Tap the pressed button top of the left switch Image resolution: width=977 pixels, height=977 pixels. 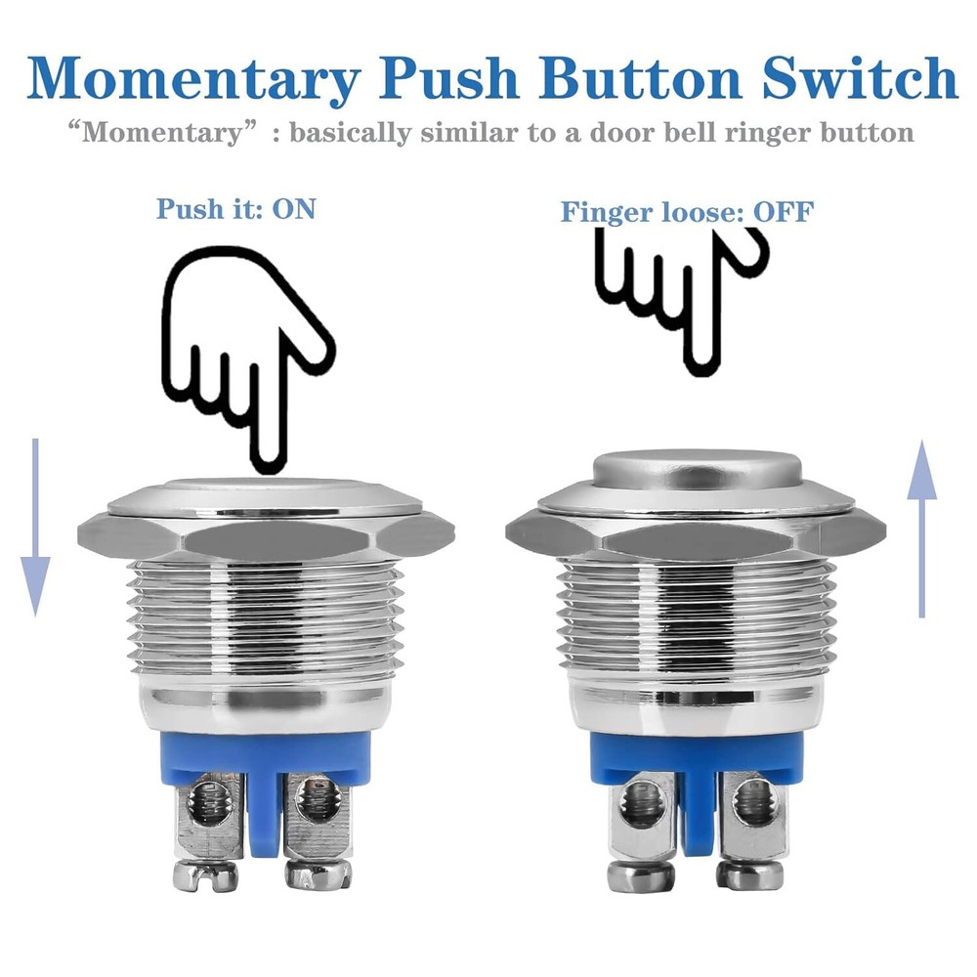coord(264,488)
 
